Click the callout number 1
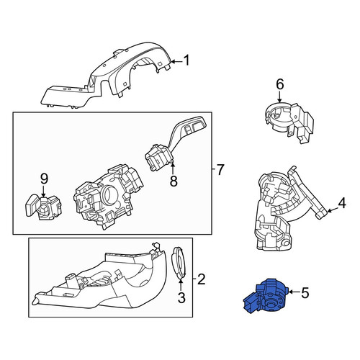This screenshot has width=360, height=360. point(186,60)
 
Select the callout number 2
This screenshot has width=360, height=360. point(201,279)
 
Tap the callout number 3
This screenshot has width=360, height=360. point(181,298)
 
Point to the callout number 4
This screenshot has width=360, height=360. point(342,203)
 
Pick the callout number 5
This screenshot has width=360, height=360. point(305,293)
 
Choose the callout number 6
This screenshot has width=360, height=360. point(280,84)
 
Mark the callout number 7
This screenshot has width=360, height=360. point(220,169)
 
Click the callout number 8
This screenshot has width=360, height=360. point(174,181)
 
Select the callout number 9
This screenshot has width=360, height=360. point(44,179)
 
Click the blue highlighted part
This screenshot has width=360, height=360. point(265,296)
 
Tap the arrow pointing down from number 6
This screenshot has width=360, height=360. point(279,96)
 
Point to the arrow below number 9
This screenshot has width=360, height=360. point(43,192)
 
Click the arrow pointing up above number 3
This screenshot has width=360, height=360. point(181,286)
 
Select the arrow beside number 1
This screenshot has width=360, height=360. point(176,62)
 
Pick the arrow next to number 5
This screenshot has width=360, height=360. point(294,292)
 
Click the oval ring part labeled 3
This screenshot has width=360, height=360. point(179,263)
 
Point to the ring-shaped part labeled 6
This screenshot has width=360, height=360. point(289,121)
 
